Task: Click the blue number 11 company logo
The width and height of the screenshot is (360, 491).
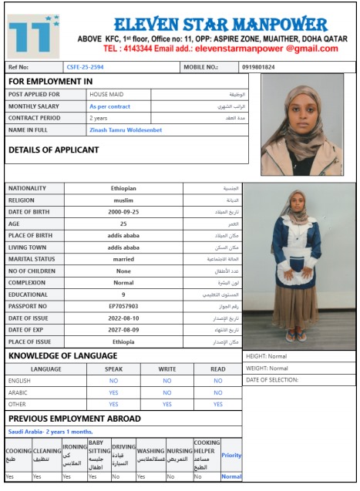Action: (33, 34)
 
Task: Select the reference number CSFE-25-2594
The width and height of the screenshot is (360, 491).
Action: (85, 67)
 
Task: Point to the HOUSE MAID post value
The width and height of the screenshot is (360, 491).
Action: (105, 94)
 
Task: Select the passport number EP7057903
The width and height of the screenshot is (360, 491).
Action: (123, 306)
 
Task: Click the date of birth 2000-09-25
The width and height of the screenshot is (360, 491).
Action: (123, 211)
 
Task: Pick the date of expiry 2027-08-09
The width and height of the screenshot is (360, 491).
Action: (123, 329)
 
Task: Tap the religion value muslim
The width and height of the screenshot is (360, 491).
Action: (123, 200)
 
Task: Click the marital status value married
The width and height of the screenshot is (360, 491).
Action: (123, 259)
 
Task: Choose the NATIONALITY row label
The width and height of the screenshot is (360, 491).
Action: (27, 188)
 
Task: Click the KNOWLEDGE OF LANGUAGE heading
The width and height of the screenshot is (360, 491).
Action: (62, 355)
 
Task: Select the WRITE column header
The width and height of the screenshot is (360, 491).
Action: (167, 368)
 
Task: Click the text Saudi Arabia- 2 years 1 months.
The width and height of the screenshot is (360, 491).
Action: (50, 432)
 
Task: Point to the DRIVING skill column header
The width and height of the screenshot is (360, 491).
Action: (123, 453)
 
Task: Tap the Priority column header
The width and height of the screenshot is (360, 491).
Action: (231, 455)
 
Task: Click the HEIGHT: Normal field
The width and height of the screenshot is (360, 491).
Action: (267, 356)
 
